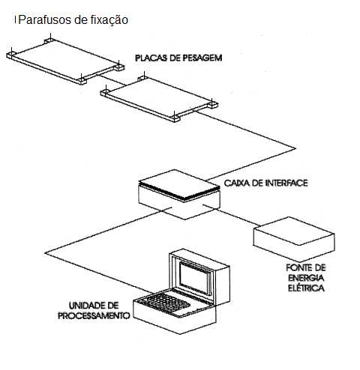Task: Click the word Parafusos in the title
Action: tap(45, 19)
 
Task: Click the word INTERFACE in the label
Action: tap(286, 183)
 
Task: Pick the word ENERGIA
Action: tap(306, 278)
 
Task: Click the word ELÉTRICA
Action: tap(306, 288)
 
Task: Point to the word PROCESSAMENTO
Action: tap(94, 315)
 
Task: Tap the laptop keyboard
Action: tap(164, 303)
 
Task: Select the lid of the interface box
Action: tap(179, 185)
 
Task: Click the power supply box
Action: tap(294, 238)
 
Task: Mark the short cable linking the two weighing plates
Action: tap(111, 79)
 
